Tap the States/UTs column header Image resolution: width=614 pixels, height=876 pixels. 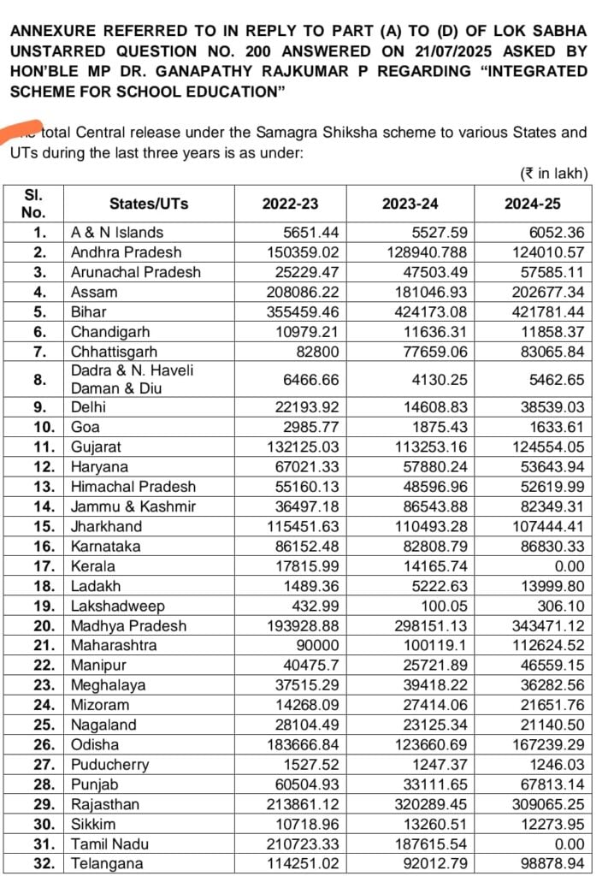point(149,204)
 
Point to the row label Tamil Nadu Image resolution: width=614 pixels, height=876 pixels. point(105,844)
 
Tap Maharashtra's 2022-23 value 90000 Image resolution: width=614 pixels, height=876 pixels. point(317,645)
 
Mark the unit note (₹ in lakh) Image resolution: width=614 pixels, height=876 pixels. point(554,174)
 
